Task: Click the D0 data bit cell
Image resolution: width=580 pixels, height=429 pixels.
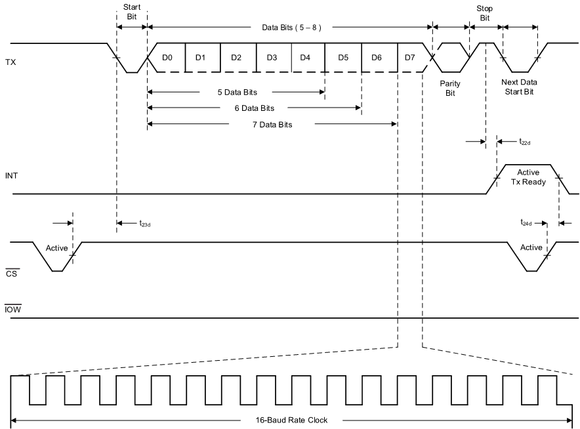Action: [x=167, y=57]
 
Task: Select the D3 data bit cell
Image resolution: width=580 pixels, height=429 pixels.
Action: [x=272, y=57]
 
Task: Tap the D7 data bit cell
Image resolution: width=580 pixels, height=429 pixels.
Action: [x=409, y=57]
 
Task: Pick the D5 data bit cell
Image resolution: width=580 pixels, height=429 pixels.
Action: [x=342, y=57]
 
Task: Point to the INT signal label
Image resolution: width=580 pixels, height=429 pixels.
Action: [x=12, y=176]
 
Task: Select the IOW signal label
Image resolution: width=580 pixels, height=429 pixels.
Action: [x=13, y=308]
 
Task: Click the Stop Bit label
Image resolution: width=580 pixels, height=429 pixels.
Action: [x=485, y=12]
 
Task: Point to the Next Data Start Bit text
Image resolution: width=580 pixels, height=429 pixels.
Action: [x=518, y=87]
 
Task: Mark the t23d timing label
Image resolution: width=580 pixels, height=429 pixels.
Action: [x=145, y=224]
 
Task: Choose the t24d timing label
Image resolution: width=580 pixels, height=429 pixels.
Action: [x=526, y=223]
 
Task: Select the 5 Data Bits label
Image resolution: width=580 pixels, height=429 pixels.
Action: [x=237, y=92]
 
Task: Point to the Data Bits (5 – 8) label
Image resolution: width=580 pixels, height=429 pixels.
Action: [x=291, y=28]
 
